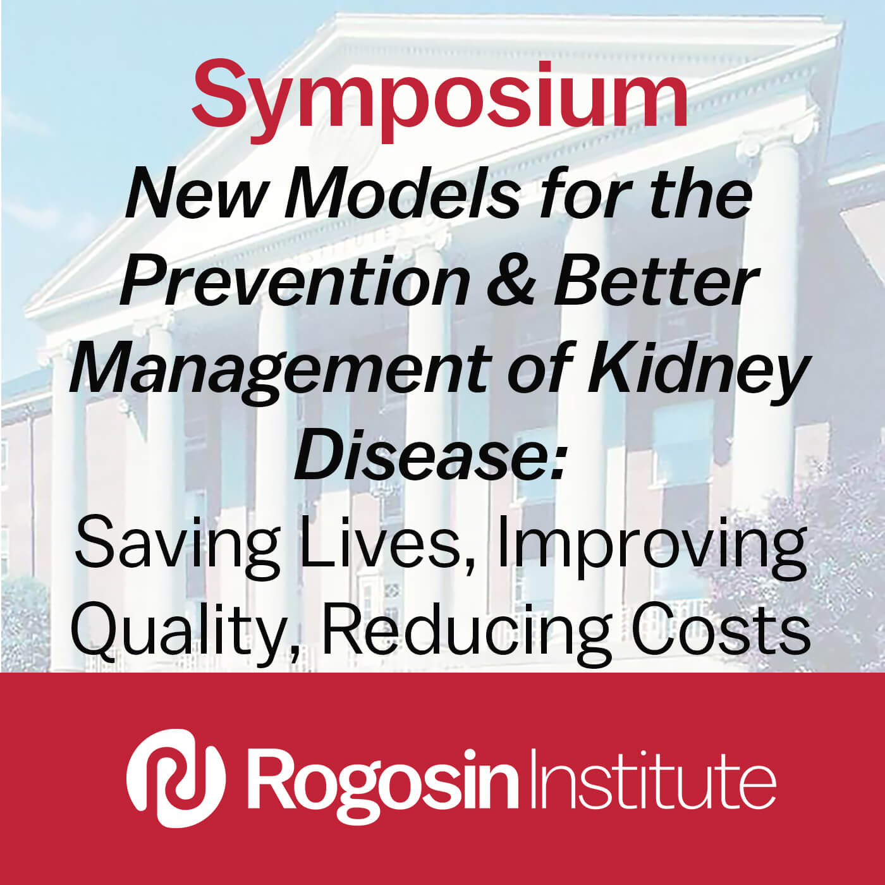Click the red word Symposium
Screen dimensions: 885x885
439,100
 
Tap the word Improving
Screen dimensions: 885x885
652,547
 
